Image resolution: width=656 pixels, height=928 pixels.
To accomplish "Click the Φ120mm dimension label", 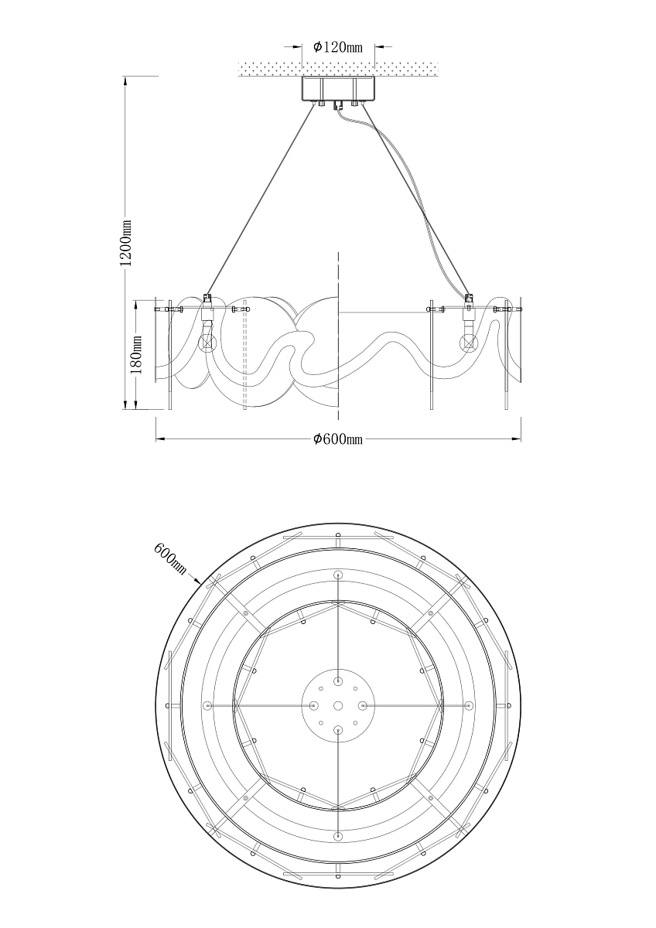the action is point(337,47).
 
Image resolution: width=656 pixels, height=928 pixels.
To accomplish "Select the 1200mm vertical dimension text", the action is point(125,243).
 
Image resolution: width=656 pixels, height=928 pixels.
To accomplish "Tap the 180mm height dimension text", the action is point(136,355).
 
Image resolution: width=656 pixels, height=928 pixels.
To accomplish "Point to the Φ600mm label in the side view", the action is point(337,438).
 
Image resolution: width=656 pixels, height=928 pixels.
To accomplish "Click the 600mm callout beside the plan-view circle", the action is point(170,558).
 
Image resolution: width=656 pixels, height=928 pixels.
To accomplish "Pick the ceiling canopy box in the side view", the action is point(338,89).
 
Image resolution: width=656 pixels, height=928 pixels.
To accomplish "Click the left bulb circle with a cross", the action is point(207,343).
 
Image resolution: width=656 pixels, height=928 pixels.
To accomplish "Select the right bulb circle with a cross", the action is point(469,343).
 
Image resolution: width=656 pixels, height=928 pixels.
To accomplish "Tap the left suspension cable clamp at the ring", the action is point(207,299).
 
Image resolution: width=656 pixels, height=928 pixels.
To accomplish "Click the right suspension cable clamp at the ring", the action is point(469,299).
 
